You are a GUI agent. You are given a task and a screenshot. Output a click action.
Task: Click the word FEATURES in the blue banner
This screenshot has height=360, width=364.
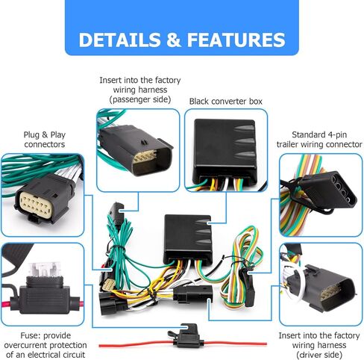pyautogui.click(x=236, y=40)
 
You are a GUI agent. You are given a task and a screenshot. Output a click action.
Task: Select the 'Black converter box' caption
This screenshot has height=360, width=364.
pyautogui.click(x=226, y=102)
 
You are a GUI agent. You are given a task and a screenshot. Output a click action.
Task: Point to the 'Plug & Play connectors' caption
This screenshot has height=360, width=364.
pyautogui.click(x=45, y=140)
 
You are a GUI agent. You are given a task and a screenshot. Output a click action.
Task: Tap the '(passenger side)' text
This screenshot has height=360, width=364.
pyautogui.click(x=140, y=99)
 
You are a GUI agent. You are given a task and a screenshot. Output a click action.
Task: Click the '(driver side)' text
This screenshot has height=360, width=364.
pyautogui.click(x=319, y=355)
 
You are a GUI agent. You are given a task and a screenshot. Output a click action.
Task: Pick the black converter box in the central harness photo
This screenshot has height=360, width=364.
pyautogui.click(x=188, y=238)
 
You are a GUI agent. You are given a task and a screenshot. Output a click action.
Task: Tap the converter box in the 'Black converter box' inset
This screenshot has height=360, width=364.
pyautogui.click(x=225, y=151)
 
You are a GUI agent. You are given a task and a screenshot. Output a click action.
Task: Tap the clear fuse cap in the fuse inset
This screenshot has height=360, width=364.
pyautogui.click(x=45, y=270)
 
